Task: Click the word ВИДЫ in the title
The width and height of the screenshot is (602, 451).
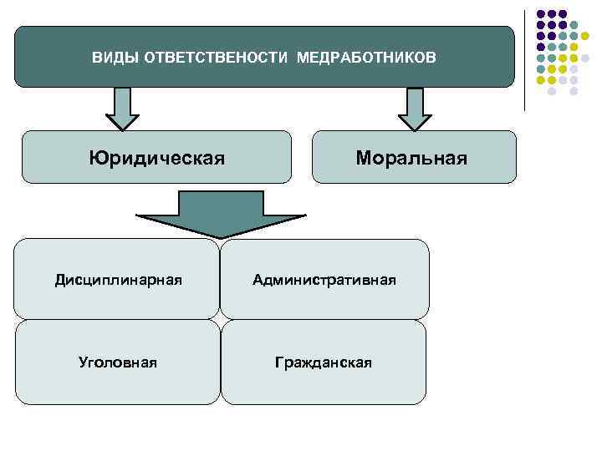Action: (111, 58)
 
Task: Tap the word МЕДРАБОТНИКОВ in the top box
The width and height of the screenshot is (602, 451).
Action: (366, 58)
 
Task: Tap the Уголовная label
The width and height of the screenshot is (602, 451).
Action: (118, 362)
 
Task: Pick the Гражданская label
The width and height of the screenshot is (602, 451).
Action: (324, 362)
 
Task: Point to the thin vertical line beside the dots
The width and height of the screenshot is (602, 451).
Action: (525, 58)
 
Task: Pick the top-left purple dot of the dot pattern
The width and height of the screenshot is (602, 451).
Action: (541, 13)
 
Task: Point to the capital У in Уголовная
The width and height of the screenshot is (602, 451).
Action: (83, 362)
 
